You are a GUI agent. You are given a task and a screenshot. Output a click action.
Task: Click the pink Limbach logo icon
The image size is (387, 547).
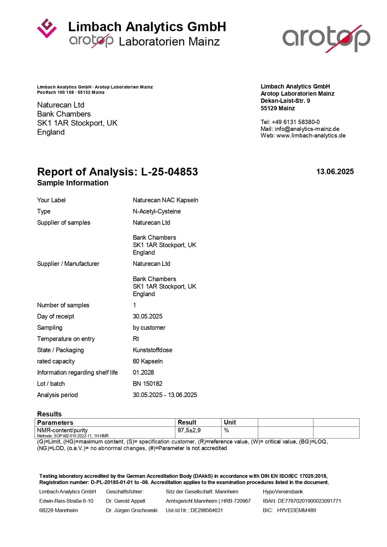tap(47, 28)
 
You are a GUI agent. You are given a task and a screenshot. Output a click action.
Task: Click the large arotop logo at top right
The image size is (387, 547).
tap(326, 38)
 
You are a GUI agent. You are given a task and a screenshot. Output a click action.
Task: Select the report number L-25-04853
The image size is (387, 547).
tap(169, 172)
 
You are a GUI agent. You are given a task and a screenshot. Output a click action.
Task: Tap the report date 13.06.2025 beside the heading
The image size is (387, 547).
tap(335, 172)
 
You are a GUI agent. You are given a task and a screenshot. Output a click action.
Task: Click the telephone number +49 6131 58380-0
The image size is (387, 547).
tap(296, 122)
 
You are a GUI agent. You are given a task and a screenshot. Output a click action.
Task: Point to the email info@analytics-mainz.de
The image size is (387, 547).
tap(307, 129)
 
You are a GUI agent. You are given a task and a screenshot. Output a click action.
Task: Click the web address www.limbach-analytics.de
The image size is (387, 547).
tap(311, 136)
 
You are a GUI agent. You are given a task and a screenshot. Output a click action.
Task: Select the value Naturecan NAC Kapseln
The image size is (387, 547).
tap(165, 200)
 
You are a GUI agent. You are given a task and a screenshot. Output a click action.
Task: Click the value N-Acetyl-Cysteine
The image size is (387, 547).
tap(156, 212)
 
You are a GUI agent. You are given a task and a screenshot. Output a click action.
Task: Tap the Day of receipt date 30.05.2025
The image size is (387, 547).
tap(147, 317)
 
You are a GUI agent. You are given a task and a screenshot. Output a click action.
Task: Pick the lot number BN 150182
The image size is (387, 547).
tap(147, 384)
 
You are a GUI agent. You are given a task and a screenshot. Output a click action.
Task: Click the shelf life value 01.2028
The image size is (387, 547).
tap(143, 372)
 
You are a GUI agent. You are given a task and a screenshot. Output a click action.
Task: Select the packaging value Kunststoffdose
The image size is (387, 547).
tap(152, 350)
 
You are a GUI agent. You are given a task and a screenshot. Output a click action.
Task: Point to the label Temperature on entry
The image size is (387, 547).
tap(66, 339)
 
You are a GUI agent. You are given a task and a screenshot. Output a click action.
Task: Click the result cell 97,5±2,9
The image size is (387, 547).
tap(189, 430)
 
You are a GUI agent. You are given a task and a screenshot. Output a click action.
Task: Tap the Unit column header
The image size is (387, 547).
tap(230, 422)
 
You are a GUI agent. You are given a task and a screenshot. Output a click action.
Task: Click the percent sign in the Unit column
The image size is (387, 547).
tap(226, 430)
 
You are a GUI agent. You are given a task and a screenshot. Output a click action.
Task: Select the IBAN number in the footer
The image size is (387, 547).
tap(309, 501)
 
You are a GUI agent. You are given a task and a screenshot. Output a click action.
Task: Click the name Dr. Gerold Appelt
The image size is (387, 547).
tap(125, 501)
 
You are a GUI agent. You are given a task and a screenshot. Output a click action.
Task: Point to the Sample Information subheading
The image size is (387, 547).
tap(73, 183)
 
